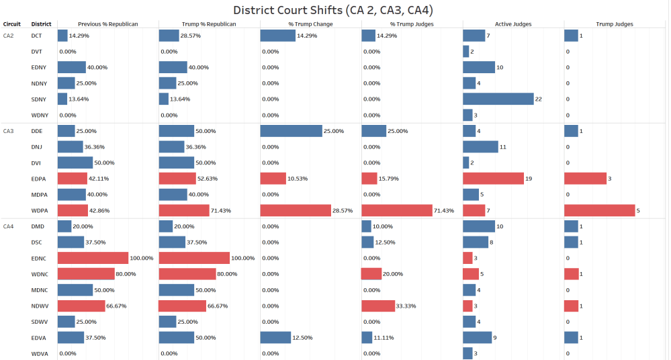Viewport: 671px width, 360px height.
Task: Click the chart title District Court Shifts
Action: [x=333, y=10]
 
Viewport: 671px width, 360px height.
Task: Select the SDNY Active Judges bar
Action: [x=498, y=99]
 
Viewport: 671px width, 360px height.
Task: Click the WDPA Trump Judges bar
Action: [x=599, y=210]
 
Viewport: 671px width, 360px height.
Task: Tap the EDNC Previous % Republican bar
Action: [x=93, y=258]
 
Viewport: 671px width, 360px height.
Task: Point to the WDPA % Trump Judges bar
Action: [x=396, y=210]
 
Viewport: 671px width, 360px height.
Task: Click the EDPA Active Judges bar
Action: [x=493, y=179]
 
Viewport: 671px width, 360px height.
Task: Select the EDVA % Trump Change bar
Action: [x=275, y=337]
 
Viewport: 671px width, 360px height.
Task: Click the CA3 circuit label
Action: [x=9, y=131]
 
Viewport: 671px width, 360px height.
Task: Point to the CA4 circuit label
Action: [x=9, y=226]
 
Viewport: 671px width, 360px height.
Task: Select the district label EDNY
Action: [x=39, y=67]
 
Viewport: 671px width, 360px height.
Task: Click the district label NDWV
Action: [x=40, y=306]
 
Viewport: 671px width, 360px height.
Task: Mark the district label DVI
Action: [x=36, y=163]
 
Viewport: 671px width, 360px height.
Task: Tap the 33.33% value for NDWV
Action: [x=407, y=306]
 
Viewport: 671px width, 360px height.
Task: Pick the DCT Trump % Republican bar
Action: [x=169, y=36]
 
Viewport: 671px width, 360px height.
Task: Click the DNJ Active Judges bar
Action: [x=480, y=146]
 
